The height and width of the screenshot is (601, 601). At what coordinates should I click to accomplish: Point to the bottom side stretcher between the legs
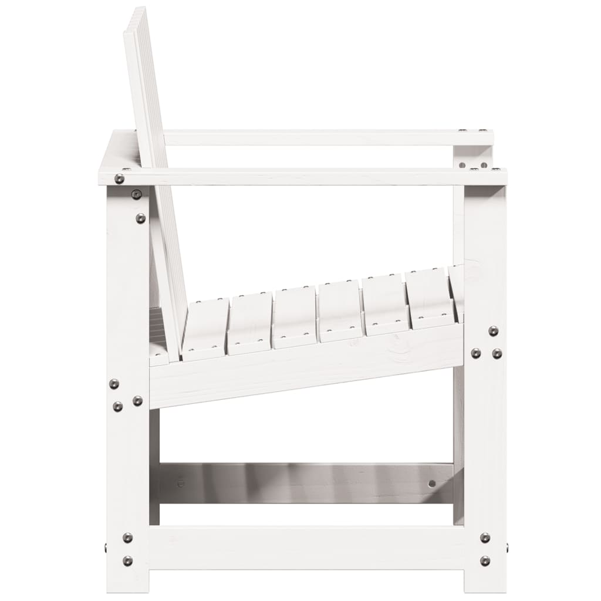click(x=305, y=547)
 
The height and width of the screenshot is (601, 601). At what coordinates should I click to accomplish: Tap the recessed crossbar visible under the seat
click(x=305, y=482)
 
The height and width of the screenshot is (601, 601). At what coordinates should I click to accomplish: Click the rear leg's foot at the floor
click(x=128, y=584)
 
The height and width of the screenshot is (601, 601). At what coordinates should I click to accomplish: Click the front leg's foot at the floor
click(x=484, y=584)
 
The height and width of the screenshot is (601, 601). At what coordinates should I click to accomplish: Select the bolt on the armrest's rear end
click(x=119, y=178)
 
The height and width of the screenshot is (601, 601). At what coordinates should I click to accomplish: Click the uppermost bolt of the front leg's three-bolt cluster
click(x=493, y=331)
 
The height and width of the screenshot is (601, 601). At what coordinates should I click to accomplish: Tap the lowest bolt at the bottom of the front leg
click(x=485, y=561)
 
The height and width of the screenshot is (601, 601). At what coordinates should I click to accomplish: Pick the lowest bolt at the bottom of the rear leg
click(x=127, y=561)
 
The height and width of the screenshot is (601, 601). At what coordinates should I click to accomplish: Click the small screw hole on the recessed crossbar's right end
click(x=433, y=484)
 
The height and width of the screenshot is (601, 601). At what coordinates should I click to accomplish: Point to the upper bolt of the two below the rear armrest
click(x=136, y=194)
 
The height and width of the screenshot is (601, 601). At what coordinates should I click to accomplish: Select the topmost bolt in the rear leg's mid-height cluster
click(x=114, y=383)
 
